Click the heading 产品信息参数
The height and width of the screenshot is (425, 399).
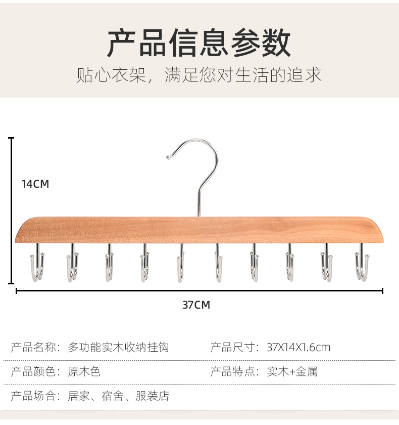[x=199, y=43]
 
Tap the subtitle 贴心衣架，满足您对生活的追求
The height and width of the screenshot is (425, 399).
[x=199, y=75]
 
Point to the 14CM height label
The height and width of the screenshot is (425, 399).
[x=35, y=184]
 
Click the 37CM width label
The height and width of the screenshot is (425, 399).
[x=196, y=305]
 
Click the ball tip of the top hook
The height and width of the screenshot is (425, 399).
[x=168, y=158]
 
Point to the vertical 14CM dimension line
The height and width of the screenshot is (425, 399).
[x=12, y=210]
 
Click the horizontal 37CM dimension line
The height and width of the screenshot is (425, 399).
[x=199, y=291]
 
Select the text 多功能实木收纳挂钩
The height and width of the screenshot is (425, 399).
[x=118, y=347]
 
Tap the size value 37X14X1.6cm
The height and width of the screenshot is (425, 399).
[x=298, y=347]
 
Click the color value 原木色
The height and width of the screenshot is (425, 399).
[x=84, y=371]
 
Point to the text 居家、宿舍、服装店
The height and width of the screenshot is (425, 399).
[x=118, y=396]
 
